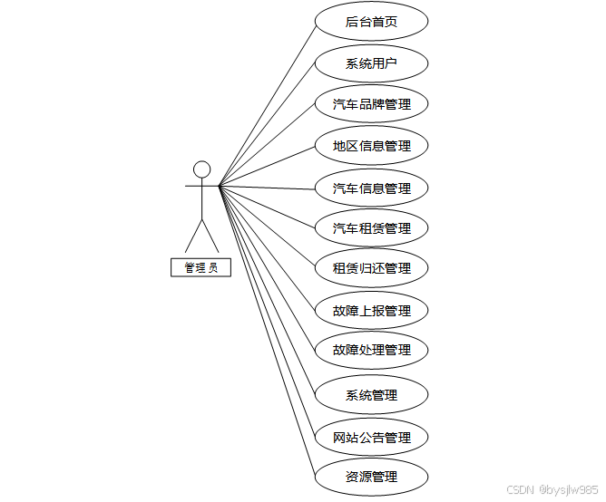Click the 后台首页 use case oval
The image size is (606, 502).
pyautogui.click(x=371, y=22)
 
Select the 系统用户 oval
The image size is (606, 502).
pyautogui.click(x=371, y=64)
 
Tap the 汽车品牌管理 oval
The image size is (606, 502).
pyautogui.click(x=371, y=104)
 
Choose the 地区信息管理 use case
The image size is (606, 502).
pyautogui.click(x=371, y=146)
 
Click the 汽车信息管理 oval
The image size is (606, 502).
pyautogui.click(x=371, y=188)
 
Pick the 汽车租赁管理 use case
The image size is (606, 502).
pyautogui.click(x=371, y=228)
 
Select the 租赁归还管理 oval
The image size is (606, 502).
pyautogui.click(x=371, y=268)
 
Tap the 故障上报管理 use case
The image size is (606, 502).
pyautogui.click(x=371, y=311)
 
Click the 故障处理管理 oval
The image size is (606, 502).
pyautogui.click(x=371, y=350)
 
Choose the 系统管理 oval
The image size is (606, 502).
pyautogui.click(x=371, y=395)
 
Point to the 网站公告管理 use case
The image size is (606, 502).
pyautogui.click(x=371, y=438)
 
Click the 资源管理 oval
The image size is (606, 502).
pyautogui.click(x=371, y=477)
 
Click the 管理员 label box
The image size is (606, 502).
pyautogui.click(x=200, y=267)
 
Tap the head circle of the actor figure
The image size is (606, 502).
pyautogui.click(x=201, y=169)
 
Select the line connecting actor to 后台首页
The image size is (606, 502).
pyautogui.click(x=269, y=105)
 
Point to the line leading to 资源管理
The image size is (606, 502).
pyautogui.click(x=268, y=331)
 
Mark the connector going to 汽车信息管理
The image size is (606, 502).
pyautogui.click(x=268, y=188)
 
